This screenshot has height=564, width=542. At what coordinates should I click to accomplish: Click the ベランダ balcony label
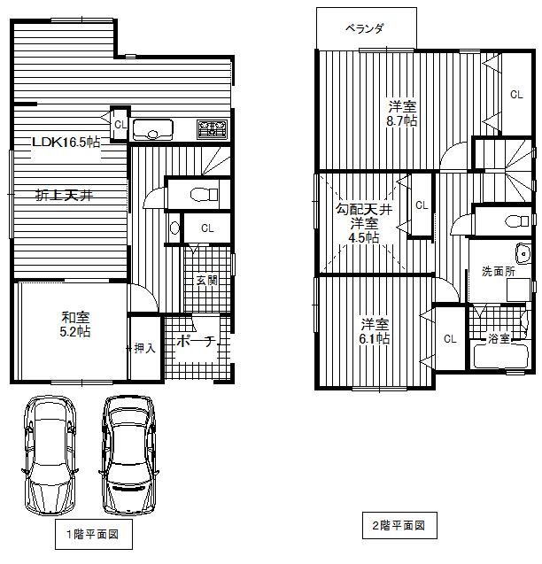[x=364, y=28]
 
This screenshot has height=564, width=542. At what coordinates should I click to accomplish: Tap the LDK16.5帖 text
[x=66, y=142]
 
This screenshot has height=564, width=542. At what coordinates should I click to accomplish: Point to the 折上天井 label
[x=64, y=196]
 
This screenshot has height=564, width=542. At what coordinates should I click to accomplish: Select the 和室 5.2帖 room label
[x=74, y=323]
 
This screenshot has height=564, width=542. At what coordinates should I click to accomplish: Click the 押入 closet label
[x=144, y=348]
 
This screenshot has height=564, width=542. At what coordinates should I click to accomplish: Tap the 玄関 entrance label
[x=206, y=280]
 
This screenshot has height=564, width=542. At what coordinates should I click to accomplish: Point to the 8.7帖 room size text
[x=401, y=121]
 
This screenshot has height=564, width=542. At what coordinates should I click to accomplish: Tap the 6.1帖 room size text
[x=376, y=338]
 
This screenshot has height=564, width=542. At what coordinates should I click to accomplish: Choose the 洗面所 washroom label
[x=498, y=272]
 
